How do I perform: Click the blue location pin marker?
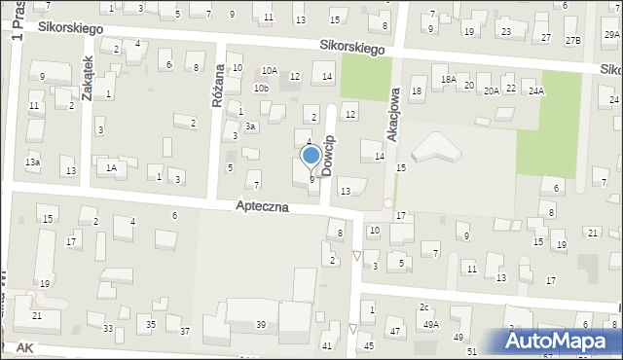click(x=311, y=157)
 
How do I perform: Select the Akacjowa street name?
click(x=393, y=106)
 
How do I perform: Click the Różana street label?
click(x=218, y=91)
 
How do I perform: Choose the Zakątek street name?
click(x=87, y=74)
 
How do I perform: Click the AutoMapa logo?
click(x=562, y=341)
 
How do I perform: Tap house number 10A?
click(x=269, y=71)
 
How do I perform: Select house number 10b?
click(x=261, y=89)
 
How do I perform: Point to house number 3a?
click(x=250, y=126)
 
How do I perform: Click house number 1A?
click(x=112, y=167)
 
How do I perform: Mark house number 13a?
click(x=32, y=162)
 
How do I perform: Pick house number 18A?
click(x=448, y=80)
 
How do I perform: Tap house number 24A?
click(x=535, y=90)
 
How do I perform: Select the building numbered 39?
click(x=261, y=324)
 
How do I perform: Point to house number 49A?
click(x=429, y=325)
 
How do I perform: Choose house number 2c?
click(x=423, y=307)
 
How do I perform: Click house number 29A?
click(x=611, y=35)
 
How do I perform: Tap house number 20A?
click(x=492, y=90)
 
